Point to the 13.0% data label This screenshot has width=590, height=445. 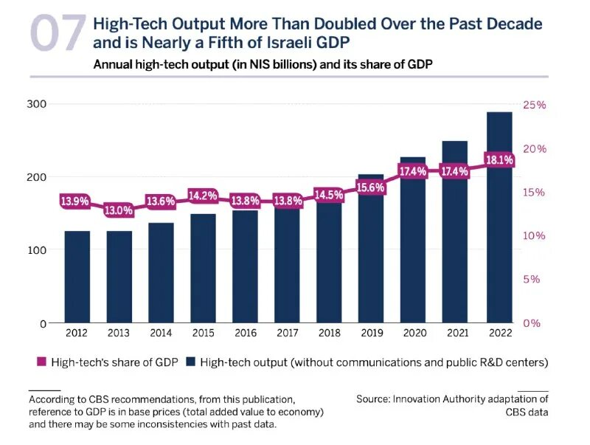(x=119, y=210)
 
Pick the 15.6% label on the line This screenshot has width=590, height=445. (x=371, y=187)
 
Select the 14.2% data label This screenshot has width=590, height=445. (x=203, y=196)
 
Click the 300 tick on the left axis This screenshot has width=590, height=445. (x=38, y=104)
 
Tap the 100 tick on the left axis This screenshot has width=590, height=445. (x=38, y=250)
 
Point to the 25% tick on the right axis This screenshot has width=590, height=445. (x=535, y=105)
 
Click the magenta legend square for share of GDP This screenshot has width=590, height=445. (x=42, y=362)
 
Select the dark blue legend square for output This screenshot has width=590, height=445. (x=190, y=362)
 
